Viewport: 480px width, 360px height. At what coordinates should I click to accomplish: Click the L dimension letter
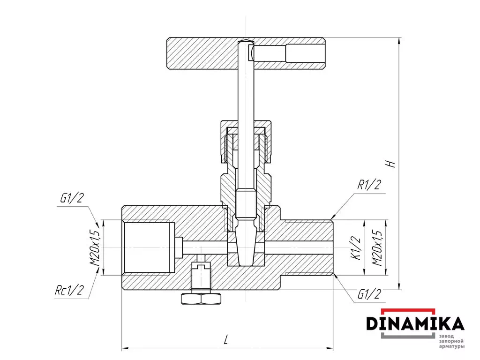click(x=226, y=339)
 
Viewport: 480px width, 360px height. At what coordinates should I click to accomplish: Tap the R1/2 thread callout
click(x=369, y=185)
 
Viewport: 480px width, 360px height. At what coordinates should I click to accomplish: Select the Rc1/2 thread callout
click(x=69, y=290)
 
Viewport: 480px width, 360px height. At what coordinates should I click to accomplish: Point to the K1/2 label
click(x=357, y=248)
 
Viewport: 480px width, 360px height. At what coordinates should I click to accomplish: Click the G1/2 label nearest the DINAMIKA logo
click(x=369, y=294)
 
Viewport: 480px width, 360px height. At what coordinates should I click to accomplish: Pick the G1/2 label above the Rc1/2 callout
click(x=72, y=198)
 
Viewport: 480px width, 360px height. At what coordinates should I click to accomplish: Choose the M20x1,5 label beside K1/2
click(x=377, y=248)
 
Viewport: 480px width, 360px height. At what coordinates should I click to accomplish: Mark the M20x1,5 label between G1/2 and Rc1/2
click(x=95, y=248)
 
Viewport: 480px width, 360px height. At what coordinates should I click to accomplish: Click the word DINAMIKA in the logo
click(x=415, y=323)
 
